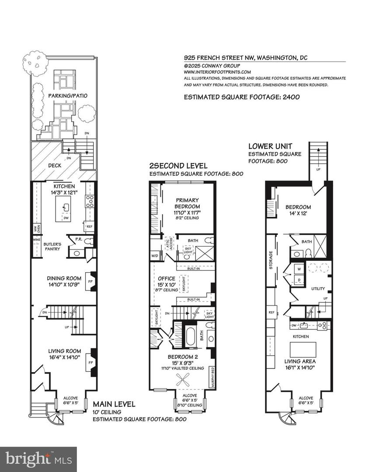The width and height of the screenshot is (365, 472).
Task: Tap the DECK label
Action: [x=55, y=166]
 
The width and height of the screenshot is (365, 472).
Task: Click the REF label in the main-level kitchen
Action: [x=89, y=227]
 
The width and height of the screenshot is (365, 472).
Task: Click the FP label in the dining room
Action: [x=90, y=281]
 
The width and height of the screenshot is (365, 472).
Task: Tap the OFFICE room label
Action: [x=167, y=278]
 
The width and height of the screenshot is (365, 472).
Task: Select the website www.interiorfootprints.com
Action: [x=217, y=72]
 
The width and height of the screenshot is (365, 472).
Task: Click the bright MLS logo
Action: [x=38, y=459]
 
